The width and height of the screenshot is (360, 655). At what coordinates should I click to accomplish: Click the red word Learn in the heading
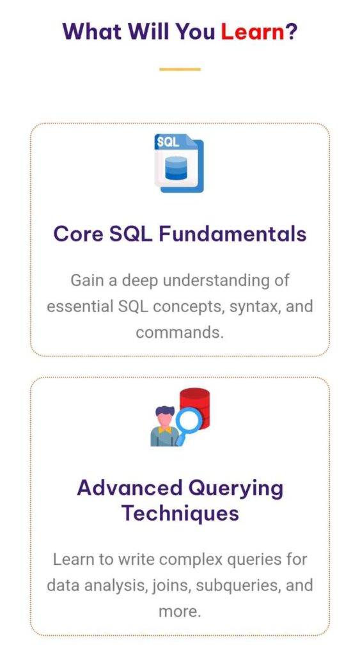252,31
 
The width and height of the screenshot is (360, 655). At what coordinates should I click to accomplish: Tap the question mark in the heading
291,31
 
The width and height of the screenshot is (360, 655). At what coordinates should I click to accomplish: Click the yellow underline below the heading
180,69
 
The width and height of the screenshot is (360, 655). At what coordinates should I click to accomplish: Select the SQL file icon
179,163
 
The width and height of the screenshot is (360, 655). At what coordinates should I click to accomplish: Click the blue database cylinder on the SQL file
175,168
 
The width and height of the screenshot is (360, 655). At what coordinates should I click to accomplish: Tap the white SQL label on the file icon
168,142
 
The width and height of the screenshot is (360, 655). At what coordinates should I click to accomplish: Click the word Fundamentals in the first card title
233,233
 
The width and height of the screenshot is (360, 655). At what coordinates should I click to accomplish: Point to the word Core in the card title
78,234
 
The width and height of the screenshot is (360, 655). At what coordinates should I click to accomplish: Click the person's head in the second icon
164,416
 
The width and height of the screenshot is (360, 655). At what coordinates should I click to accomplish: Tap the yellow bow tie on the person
164,429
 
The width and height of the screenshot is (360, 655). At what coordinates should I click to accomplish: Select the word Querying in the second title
235,488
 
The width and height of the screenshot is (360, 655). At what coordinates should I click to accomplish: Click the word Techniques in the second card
180,513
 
